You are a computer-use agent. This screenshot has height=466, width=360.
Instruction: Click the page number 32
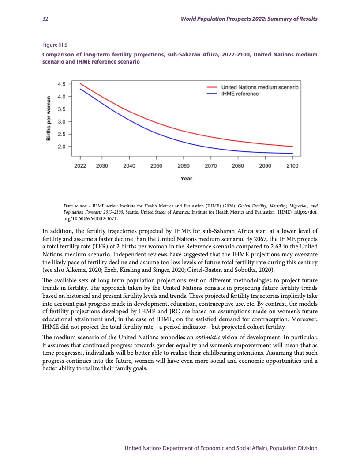click(45, 19)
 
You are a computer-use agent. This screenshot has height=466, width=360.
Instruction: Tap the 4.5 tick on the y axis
click(62, 84)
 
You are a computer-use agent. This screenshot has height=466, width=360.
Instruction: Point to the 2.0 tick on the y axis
click(62, 147)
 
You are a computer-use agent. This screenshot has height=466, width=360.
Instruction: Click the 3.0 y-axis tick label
click(62, 121)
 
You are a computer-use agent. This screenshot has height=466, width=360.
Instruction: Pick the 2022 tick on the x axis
click(80, 165)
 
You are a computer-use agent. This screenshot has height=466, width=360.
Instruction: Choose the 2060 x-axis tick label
click(184, 165)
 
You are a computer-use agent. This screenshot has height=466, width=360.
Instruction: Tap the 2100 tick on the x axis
click(292, 165)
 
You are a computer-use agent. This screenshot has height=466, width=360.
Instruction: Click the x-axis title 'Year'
click(186, 179)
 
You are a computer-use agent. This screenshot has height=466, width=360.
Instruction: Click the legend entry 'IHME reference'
click(240, 94)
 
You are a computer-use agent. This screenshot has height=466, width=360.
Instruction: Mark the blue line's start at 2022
click(80, 89)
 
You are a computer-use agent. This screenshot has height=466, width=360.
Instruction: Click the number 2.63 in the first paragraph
click(284, 249)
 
